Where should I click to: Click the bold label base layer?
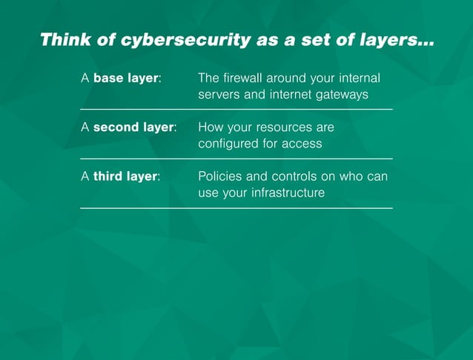point(127,78)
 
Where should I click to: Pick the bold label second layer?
point(134,127)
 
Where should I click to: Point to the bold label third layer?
point(125,176)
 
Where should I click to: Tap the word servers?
point(220,95)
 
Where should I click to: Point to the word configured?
point(228,144)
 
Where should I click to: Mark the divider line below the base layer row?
point(236,110)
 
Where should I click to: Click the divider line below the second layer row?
point(236,159)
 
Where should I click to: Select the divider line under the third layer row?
point(236,208)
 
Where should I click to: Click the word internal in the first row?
point(366,78)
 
